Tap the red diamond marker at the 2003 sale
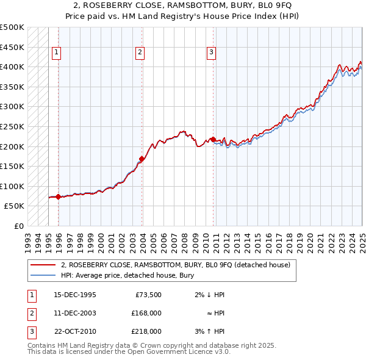pos(142,159)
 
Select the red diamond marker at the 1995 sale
pos(58,196)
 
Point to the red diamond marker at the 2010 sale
pos(213,139)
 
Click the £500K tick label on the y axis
pos(12,27)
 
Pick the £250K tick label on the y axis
pos(12,126)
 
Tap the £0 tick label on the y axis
pos(18,226)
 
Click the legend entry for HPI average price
pos(127,275)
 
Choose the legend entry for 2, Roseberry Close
pos(178,265)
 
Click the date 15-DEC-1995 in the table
pos(74,295)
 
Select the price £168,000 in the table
pos(146,313)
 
